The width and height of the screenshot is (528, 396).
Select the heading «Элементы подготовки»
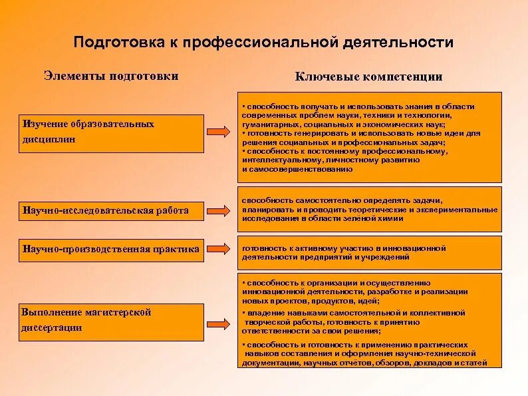click(111, 76)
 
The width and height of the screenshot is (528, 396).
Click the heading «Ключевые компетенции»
click(368, 77)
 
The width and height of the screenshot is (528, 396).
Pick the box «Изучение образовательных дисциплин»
click(112, 132)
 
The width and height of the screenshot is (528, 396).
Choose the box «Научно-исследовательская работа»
click(112, 210)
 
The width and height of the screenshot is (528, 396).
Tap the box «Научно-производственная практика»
click(112, 250)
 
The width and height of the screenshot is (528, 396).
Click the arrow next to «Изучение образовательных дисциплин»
click(220, 132)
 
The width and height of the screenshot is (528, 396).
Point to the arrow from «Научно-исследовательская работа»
click(220, 210)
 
